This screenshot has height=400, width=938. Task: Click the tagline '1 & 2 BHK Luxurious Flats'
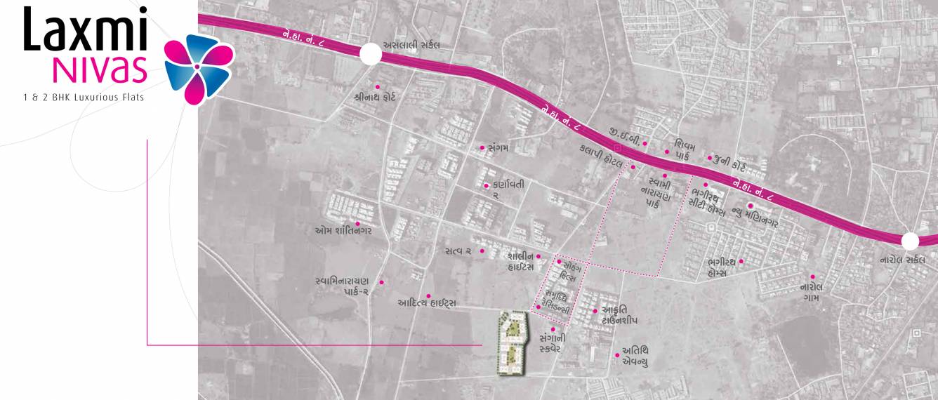83,97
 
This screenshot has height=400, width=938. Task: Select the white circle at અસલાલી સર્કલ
370,54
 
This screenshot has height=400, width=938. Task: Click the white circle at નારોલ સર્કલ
910,241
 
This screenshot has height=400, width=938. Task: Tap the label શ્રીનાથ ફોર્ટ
375,97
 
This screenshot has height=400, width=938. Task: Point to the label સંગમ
501,148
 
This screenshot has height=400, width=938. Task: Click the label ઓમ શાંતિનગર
343,230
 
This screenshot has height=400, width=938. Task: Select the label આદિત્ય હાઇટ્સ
427,303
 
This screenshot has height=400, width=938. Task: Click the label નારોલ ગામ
812,292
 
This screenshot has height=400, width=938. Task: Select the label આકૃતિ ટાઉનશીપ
619,314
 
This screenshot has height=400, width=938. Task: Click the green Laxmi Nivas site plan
513,342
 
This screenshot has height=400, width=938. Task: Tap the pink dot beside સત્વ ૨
482,251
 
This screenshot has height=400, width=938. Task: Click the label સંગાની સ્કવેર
551,342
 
